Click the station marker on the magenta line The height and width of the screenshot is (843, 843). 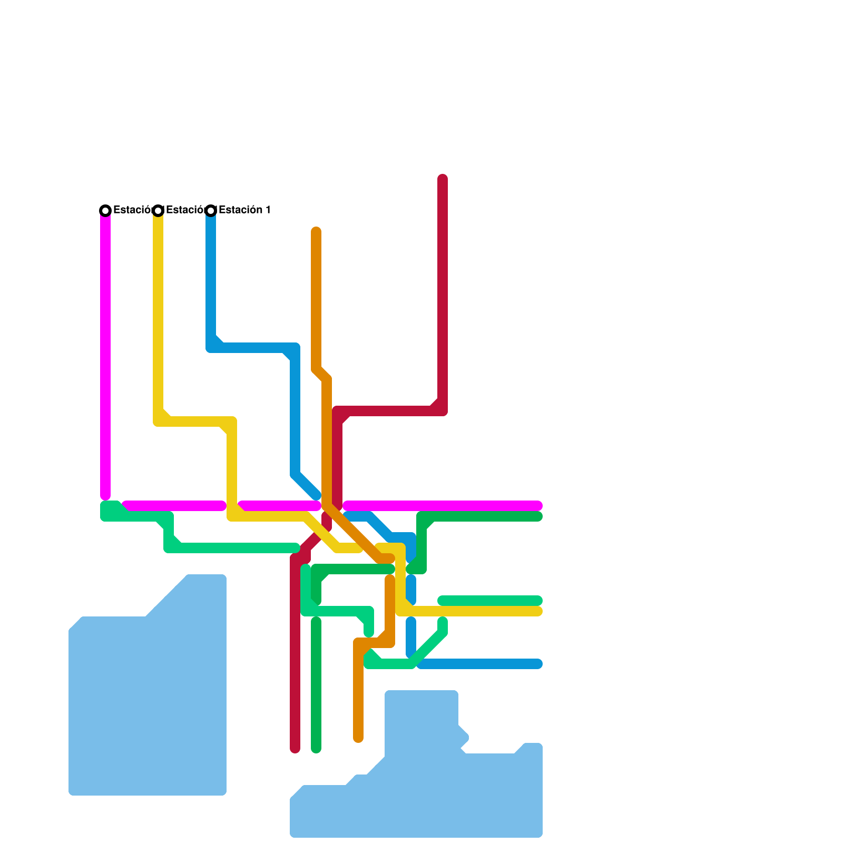(x=105, y=211)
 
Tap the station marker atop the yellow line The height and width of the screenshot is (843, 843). (x=158, y=211)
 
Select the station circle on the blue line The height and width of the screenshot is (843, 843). (x=211, y=211)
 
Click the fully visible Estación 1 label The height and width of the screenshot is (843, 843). (x=244, y=210)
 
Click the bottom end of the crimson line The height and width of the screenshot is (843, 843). (x=295, y=749)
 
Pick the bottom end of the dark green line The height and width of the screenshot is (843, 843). (x=316, y=749)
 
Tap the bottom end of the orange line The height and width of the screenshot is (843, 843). (x=358, y=738)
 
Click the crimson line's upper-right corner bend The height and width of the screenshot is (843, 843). (x=443, y=411)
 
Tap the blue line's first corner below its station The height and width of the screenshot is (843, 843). (x=211, y=348)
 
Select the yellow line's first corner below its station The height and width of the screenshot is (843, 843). (x=158, y=421)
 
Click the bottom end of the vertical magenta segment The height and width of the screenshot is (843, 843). (x=105, y=496)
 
